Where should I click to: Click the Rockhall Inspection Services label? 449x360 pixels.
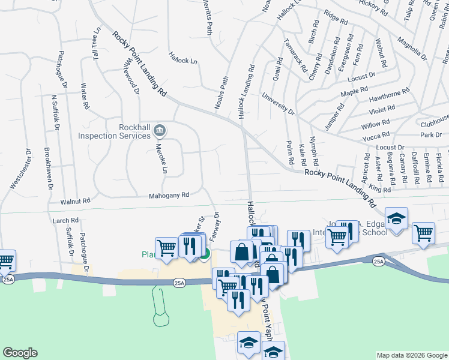[x=113, y=131]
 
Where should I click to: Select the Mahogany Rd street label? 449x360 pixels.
[x=169, y=195]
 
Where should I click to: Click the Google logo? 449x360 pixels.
[x=20, y=353]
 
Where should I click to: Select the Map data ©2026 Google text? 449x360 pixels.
[x=411, y=355]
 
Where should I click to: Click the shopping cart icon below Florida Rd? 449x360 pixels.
[x=423, y=232]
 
